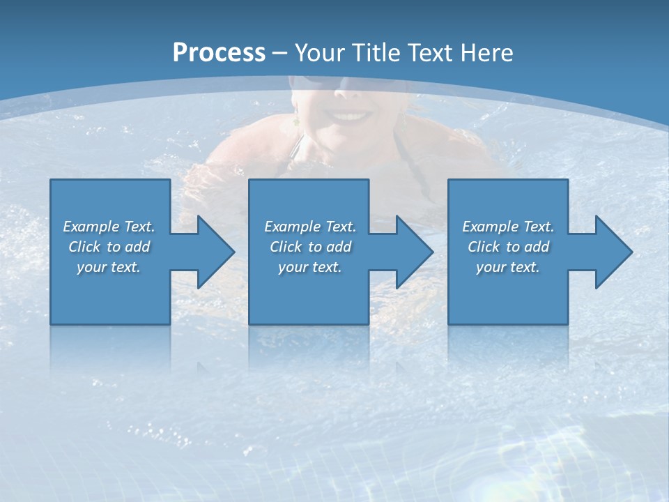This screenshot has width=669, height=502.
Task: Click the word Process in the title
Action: click(x=219, y=53)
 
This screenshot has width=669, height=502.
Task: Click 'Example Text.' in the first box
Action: click(x=109, y=227)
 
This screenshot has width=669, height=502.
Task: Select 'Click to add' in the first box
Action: click(x=109, y=247)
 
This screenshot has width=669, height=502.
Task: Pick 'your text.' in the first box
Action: click(x=109, y=267)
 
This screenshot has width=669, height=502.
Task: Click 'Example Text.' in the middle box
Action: click(x=309, y=227)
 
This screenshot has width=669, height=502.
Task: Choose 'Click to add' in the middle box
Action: click(x=309, y=247)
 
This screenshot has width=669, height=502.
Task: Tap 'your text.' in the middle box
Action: click(x=309, y=267)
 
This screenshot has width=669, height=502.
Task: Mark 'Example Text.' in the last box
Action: click(x=508, y=227)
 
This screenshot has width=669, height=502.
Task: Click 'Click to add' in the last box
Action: click(x=508, y=247)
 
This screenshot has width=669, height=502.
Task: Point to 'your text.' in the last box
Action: click(x=508, y=267)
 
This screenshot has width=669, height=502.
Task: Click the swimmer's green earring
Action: click(x=295, y=123)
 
